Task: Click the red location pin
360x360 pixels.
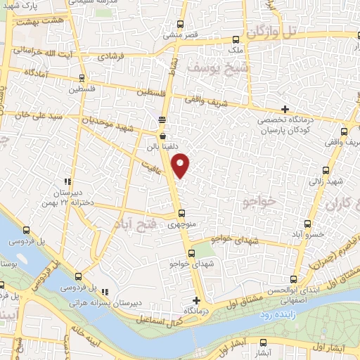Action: (x=181, y=166)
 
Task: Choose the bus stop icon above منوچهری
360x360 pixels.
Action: (x=181, y=214)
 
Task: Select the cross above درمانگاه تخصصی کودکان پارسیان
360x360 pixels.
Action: (x=285, y=109)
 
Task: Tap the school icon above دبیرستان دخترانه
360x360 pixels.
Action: (x=67, y=180)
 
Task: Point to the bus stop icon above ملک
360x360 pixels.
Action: (x=248, y=39)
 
